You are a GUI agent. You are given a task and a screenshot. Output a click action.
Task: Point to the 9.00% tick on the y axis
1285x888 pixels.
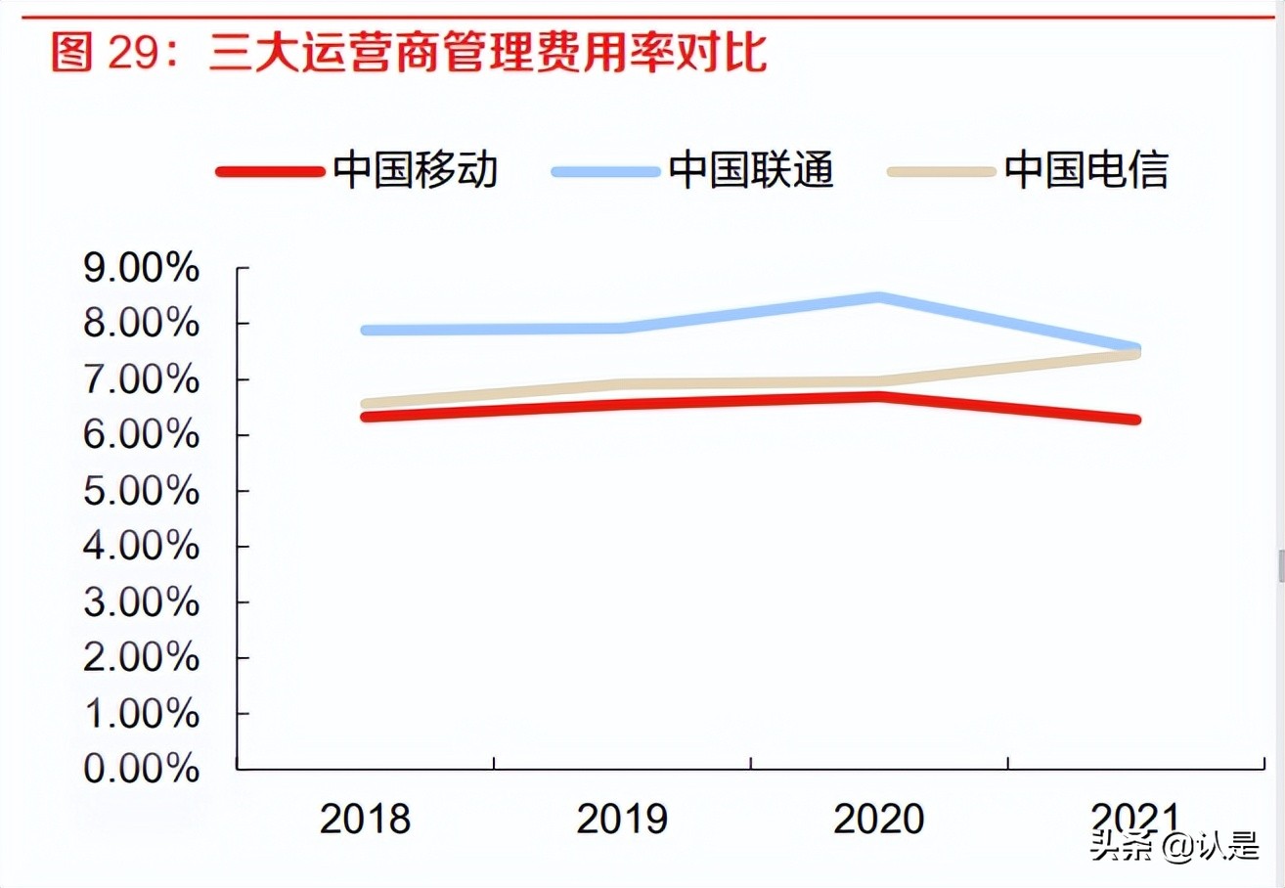coord(142,269)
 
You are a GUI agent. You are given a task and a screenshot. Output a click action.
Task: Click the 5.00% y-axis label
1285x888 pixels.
coord(142,491)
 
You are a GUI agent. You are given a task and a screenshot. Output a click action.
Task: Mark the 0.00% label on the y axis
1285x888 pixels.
coord(142,770)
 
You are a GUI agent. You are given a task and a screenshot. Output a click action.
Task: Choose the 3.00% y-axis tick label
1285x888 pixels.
coord(142,602)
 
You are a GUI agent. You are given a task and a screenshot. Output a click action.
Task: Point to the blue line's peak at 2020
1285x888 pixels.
coord(879,296)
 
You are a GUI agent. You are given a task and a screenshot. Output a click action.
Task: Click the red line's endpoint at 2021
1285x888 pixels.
coord(1136,420)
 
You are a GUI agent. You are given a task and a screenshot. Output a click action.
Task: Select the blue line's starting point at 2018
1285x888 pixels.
coord(366,330)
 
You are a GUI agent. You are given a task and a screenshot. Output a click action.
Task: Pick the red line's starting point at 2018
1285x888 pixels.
coord(366,417)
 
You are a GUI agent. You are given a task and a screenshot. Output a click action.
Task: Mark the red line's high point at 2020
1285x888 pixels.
coord(879,396)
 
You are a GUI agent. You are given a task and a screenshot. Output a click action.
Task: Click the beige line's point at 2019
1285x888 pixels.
coord(622,384)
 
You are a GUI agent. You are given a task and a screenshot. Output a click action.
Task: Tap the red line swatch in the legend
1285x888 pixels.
coord(270,171)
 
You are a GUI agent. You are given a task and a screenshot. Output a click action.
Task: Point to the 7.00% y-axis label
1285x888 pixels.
coord(142,379)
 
